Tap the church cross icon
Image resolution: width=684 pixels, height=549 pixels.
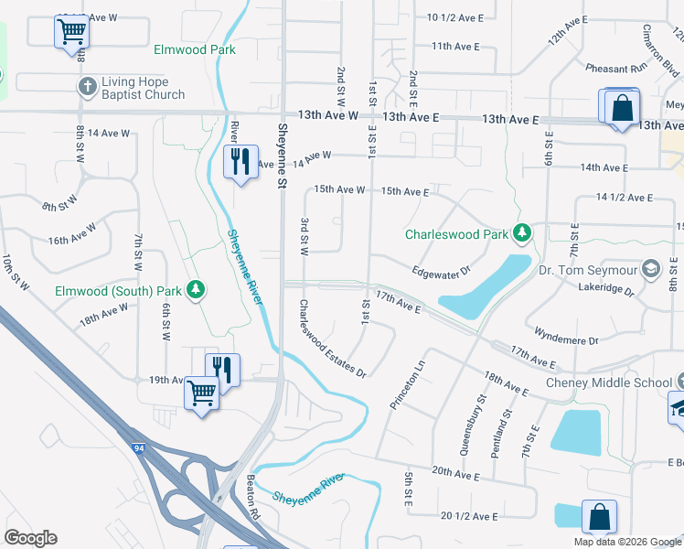point(87,86)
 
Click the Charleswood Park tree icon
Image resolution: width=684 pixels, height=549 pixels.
point(521,234)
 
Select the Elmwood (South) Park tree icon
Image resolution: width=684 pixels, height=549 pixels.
point(195,291)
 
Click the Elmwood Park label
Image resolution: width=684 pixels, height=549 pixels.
point(195,49)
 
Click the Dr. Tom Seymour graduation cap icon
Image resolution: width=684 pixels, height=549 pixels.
point(650,269)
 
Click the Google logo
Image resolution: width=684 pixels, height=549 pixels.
point(30,538)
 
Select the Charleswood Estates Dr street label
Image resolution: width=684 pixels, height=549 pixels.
point(332,339)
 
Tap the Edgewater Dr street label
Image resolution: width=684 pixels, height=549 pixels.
point(441,271)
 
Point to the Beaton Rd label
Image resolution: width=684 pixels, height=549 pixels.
point(253,512)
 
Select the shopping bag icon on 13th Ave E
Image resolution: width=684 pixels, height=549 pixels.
point(622,107)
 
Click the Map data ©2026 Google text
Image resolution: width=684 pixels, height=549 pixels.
point(628,542)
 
